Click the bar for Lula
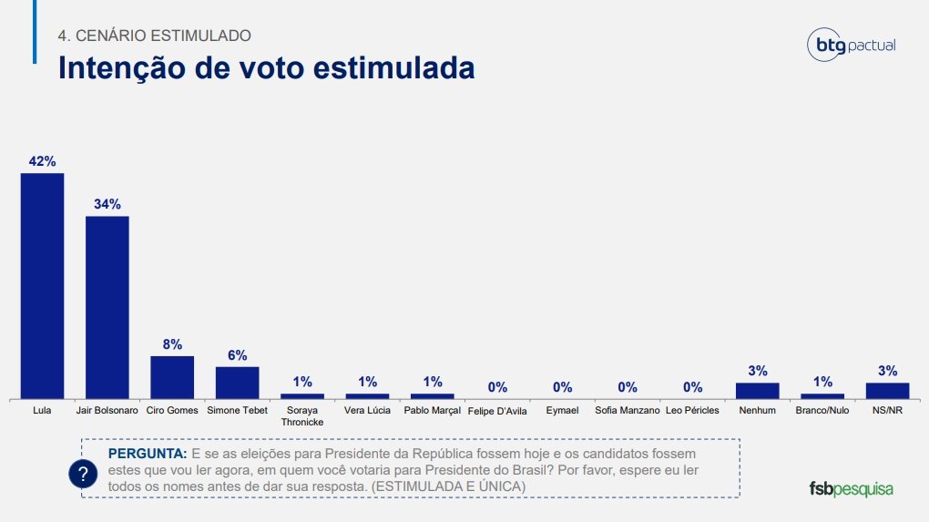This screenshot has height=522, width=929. (42, 285)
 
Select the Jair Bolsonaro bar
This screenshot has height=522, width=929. (107, 307)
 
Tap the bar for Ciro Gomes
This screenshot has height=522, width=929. (172, 376)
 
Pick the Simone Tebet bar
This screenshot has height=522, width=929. (237, 382)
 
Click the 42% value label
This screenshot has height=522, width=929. (42, 161)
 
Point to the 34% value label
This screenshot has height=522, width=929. (107, 204)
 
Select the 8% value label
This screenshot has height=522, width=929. (172, 344)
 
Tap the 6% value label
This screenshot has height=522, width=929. (237, 355)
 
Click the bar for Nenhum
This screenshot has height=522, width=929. (758, 390)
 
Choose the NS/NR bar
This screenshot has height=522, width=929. (887, 390)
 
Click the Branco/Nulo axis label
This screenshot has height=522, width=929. (822, 411)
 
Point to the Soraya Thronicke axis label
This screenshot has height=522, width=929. (301, 416)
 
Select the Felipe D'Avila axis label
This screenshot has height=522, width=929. (497, 412)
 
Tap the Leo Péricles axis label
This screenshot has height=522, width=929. (692, 411)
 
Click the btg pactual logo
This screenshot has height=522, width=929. (852, 45)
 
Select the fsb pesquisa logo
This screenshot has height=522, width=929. (851, 488)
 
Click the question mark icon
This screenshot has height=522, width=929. (83, 475)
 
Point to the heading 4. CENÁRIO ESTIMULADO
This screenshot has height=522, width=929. (154, 36)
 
